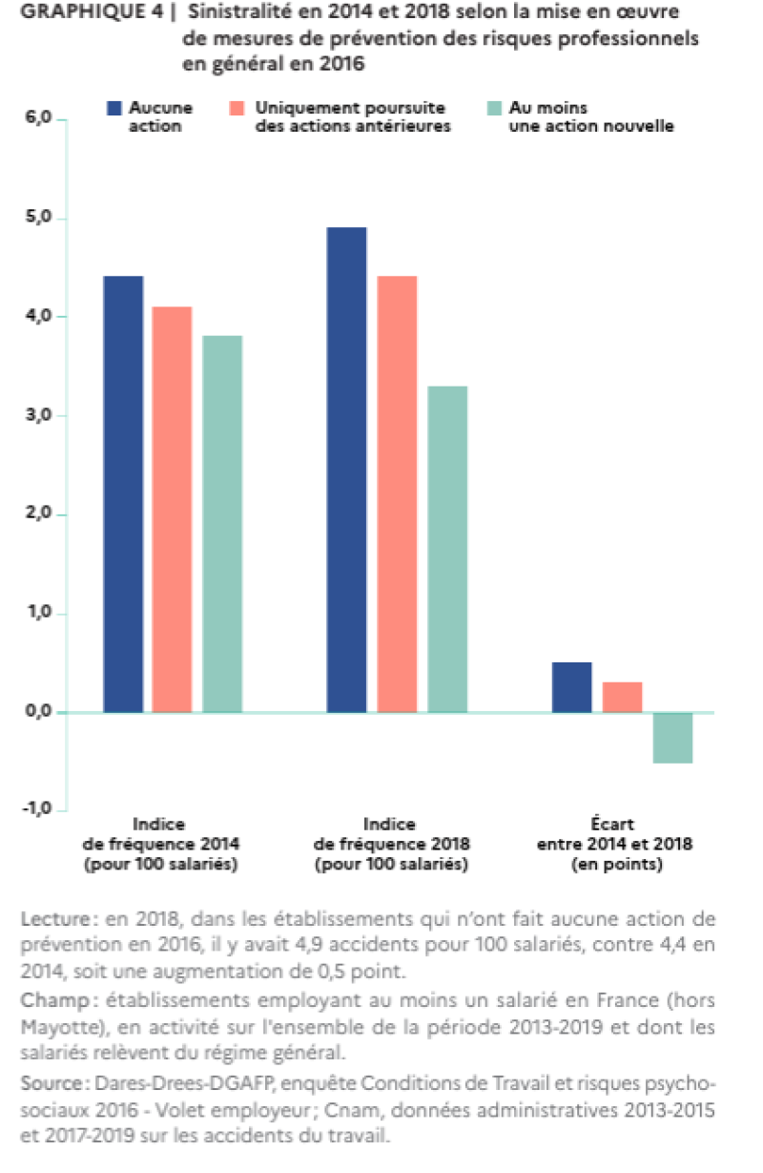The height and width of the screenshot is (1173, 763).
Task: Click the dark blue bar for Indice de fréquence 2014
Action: pos(123,493)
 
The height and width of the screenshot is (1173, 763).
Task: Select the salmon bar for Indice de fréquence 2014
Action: pos(172,509)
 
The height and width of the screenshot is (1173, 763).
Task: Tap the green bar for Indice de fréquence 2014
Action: pos(222,524)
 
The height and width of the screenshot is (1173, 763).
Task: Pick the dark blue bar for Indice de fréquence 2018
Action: pos(346,470)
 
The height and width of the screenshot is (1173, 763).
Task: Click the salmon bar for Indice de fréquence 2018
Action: pos(397,493)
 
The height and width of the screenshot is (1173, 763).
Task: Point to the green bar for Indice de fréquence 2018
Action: pos(447,550)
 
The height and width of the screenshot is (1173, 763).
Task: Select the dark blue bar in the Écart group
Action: pos(572,687)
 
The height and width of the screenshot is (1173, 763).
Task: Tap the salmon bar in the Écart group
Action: pos(622,697)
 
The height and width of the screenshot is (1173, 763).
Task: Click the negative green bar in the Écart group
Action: pos(673,738)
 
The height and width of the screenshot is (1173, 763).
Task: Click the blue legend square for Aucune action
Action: pos(114,108)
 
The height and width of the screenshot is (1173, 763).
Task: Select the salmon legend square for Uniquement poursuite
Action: pos(237,108)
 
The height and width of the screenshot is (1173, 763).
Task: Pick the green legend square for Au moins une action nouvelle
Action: pos(495,108)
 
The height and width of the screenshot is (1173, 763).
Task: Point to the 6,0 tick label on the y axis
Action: pos(38,117)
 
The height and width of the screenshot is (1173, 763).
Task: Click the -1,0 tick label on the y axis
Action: pos(36,808)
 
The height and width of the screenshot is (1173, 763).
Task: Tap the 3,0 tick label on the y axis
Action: pos(38,415)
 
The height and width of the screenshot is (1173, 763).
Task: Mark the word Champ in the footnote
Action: pos(55,1016)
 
